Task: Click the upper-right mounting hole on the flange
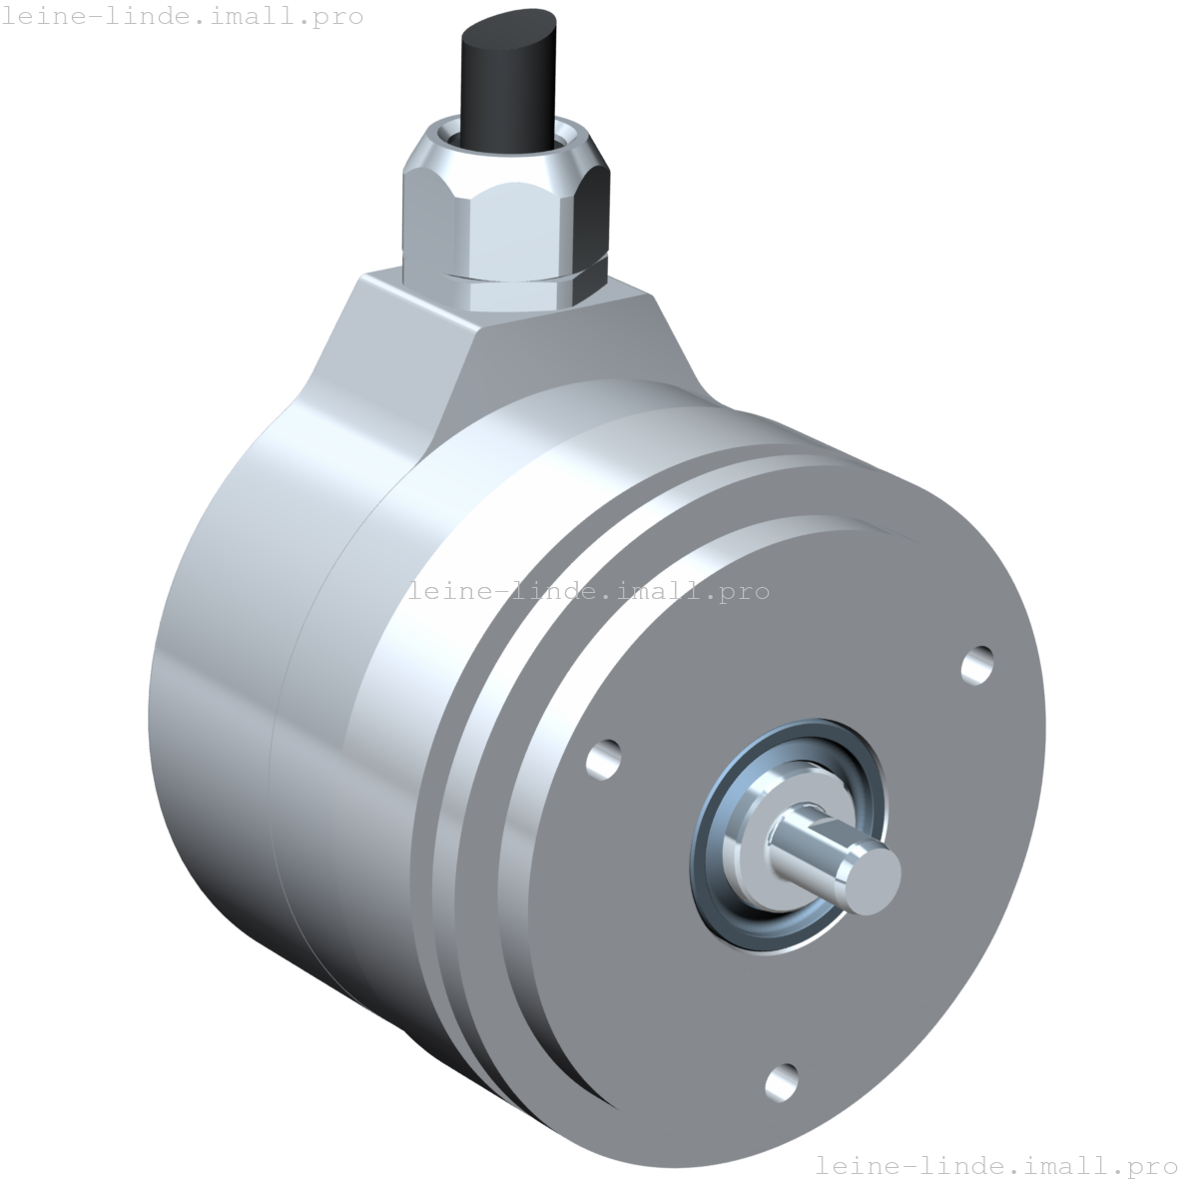pyautogui.click(x=977, y=664)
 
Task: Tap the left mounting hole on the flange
pyautogui.click(x=603, y=758)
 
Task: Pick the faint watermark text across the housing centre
pyautogui.click(x=589, y=591)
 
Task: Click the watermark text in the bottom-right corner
pyautogui.click(x=996, y=1164)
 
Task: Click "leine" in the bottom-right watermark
pyautogui.click(x=859, y=1164)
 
